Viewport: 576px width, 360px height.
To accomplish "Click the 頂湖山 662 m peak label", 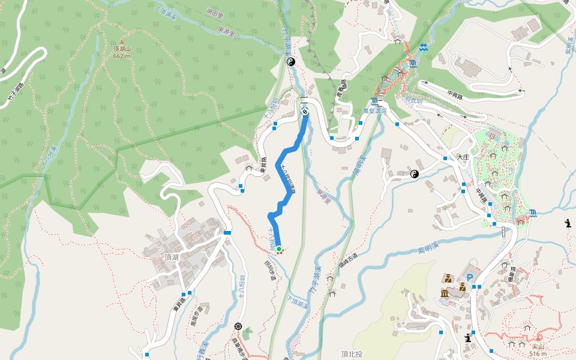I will (x=121, y=52).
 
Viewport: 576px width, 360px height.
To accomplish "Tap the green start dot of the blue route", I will (x=278, y=248).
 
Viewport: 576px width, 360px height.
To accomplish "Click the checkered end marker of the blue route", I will (x=305, y=112).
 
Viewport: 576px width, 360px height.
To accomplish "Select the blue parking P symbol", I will (x=470, y=278).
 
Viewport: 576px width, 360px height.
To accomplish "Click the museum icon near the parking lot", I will (x=445, y=293).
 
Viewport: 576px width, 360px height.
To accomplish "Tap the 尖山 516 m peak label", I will (x=538, y=350).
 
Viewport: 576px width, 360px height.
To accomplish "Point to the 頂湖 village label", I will (x=172, y=256).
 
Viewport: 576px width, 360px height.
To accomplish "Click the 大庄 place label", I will (x=462, y=157).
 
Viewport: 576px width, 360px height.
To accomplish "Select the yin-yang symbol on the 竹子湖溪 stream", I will (x=291, y=62).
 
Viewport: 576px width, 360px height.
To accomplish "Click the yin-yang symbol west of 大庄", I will (x=414, y=174).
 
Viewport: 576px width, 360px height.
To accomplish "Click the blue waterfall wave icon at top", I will (x=424, y=47).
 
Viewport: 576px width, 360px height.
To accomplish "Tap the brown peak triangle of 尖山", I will (x=538, y=338).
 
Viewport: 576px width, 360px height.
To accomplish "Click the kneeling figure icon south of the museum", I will (x=467, y=338).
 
